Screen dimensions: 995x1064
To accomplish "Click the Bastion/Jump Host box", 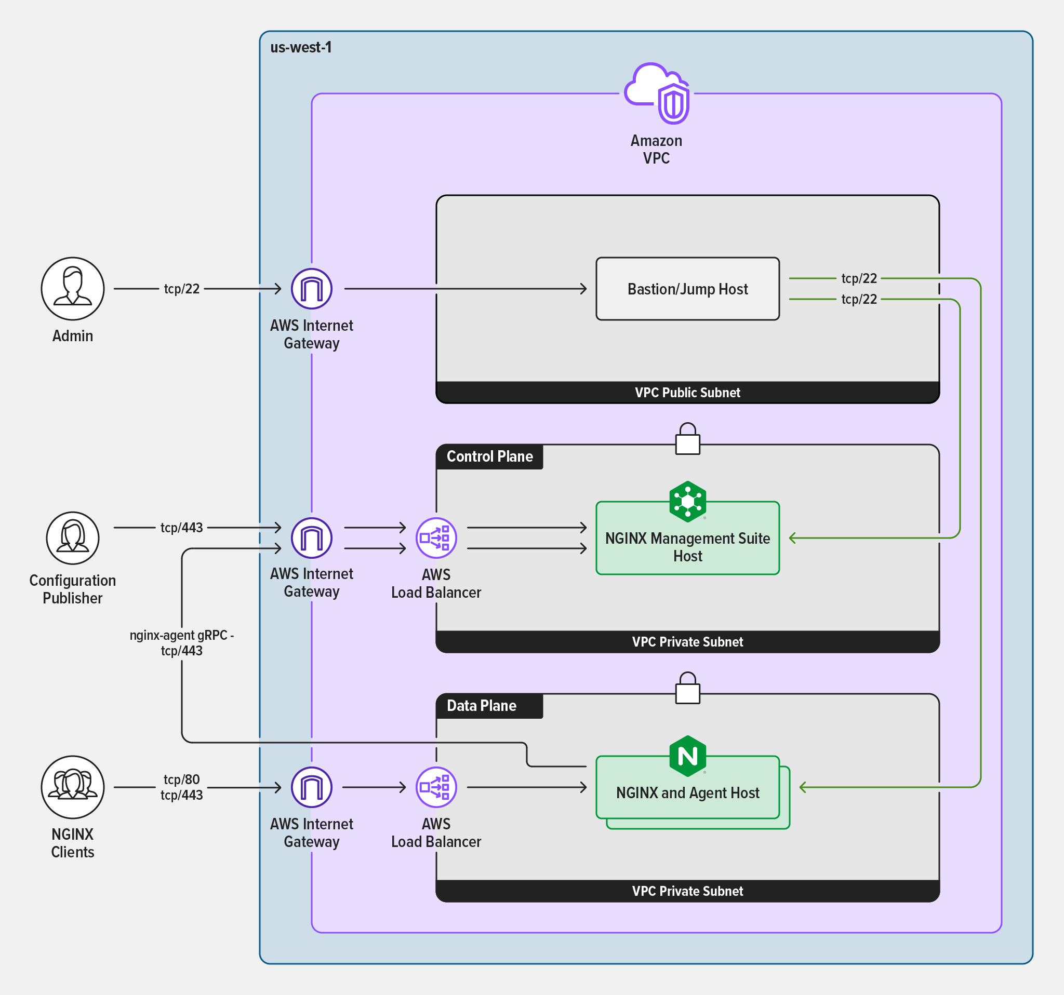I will [x=687, y=289].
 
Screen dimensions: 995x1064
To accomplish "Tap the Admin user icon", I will [x=73, y=289].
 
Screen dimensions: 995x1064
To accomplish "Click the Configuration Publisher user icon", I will [x=73, y=537].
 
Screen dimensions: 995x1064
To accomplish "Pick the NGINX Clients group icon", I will [x=73, y=787].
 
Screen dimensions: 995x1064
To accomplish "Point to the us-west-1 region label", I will [x=301, y=48].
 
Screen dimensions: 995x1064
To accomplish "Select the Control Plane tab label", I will [x=489, y=456].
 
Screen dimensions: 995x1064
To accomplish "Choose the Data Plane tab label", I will [x=481, y=706].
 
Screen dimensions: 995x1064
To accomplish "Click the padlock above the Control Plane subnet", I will [x=687, y=440].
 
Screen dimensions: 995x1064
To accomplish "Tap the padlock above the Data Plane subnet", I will [x=687, y=689].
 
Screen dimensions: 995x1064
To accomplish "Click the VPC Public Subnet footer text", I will [x=687, y=393].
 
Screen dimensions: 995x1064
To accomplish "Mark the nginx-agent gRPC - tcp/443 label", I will [x=181, y=642].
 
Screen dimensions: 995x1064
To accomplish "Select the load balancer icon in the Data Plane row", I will [x=436, y=787].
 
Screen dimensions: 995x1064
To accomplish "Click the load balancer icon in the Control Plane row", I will [x=436, y=537].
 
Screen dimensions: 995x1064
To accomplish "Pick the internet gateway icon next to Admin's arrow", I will [x=312, y=289].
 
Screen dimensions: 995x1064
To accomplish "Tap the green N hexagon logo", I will [x=687, y=756].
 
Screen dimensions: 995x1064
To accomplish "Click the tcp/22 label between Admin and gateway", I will [x=181, y=289].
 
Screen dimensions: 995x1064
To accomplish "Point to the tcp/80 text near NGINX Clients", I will [x=181, y=779].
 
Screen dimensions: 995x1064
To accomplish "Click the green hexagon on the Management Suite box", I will [x=687, y=501].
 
